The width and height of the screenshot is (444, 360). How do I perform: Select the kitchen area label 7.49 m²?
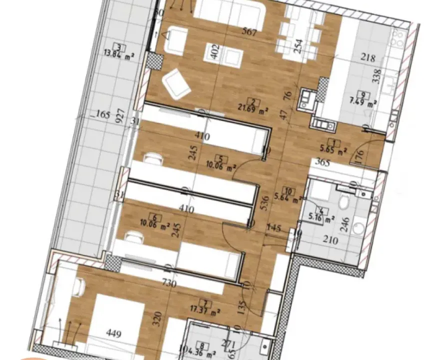pos(365,103)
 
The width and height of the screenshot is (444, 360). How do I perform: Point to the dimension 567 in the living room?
pos(248,33)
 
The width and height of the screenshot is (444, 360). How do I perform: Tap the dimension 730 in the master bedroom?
pos(170,283)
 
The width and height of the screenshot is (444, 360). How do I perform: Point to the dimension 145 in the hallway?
pos(275,228)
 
